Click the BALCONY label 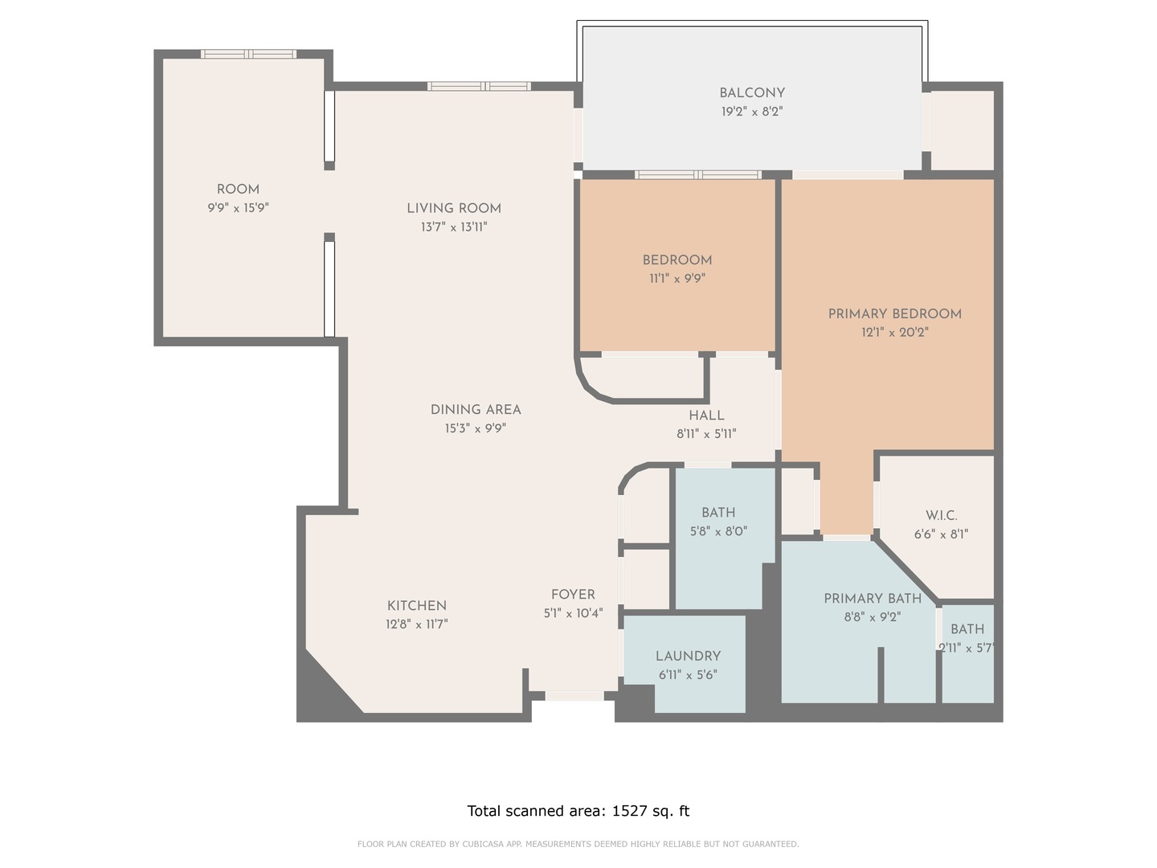pos(752,93)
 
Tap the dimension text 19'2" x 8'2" pos(752,112)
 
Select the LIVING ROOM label pos(454,208)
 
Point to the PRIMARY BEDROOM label pos(894,313)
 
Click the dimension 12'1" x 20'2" pos(894,332)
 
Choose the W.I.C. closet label pos(941,515)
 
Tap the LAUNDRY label pos(688,656)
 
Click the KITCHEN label pos(416,606)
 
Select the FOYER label pos(573,595)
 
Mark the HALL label pos(706,416)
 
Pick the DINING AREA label pos(476,410)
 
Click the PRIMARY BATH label pos(872,599)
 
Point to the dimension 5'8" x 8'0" pos(718,531)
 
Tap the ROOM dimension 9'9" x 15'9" pos(238,208)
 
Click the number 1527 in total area pos(629,811)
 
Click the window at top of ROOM pos(248,54)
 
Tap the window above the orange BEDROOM pos(697,174)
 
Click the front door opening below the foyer pos(574,696)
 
